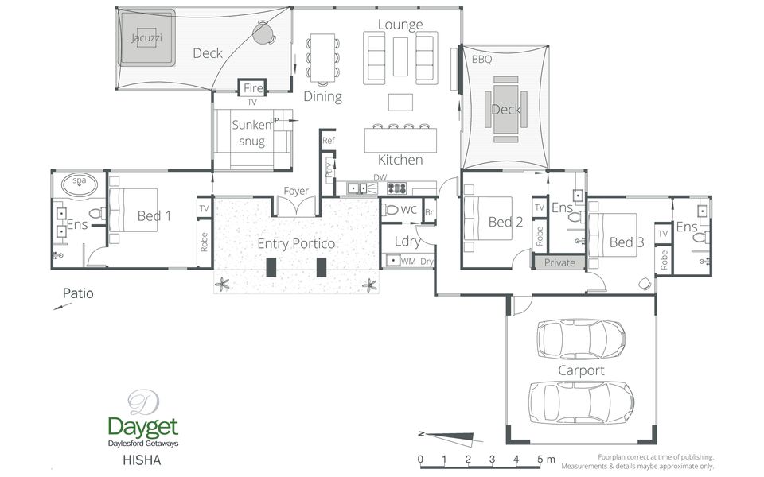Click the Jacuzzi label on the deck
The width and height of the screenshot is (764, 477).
(x=146, y=37)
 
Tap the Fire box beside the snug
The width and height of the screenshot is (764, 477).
(x=252, y=88)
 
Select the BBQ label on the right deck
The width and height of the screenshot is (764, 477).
(x=482, y=60)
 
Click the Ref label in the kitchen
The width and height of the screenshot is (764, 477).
(x=329, y=141)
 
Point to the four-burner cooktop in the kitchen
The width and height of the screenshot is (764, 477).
(x=396, y=188)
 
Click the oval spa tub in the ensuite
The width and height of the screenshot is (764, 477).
(x=80, y=184)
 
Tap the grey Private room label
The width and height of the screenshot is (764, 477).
(x=559, y=263)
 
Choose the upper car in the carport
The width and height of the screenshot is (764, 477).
(x=581, y=339)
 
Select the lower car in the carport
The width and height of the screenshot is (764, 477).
(x=581, y=402)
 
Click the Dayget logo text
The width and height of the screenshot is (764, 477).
(x=142, y=427)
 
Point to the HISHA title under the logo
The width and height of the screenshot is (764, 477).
(x=142, y=460)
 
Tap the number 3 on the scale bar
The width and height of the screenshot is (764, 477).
(x=492, y=459)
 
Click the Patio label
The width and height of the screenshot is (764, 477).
(x=78, y=293)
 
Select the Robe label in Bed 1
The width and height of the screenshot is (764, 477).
(x=205, y=242)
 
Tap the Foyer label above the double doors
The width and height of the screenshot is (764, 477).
(x=296, y=192)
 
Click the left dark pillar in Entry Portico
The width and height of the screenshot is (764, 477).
(x=271, y=267)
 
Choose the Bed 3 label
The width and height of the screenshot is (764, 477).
(x=626, y=242)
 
